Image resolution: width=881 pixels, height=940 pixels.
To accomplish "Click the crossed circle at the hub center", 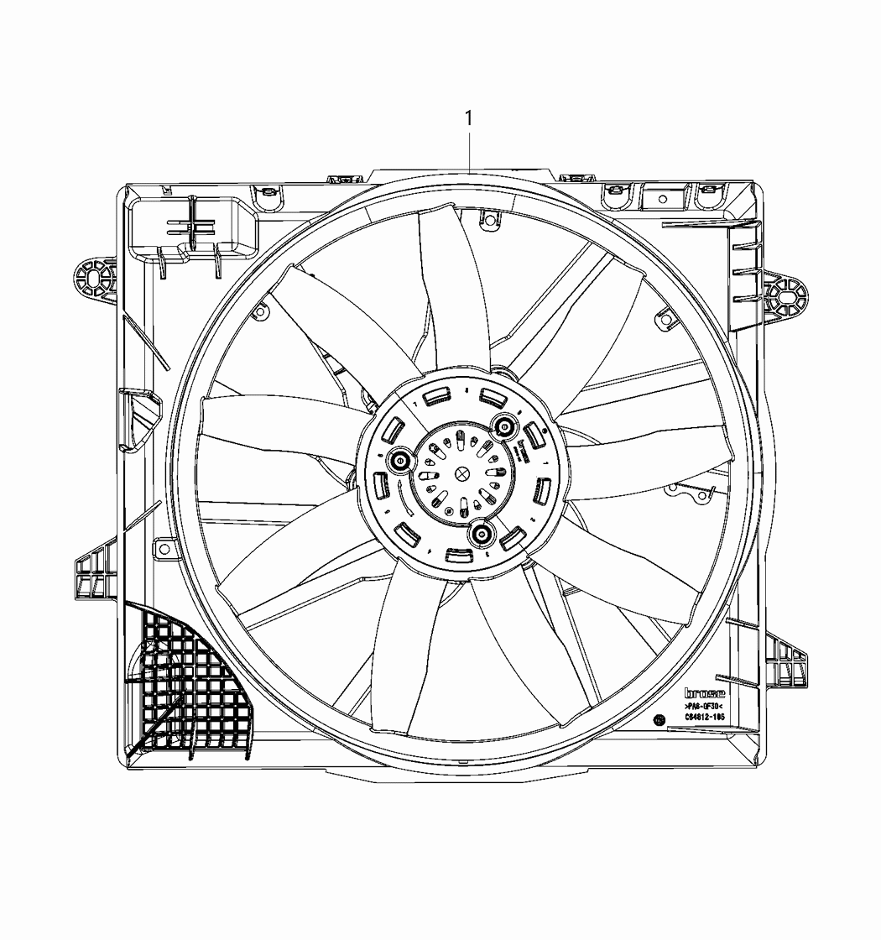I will (x=461, y=473).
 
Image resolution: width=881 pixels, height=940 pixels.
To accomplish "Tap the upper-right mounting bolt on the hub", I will (x=505, y=427).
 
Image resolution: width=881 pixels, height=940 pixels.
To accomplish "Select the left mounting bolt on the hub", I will (x=399, y=460).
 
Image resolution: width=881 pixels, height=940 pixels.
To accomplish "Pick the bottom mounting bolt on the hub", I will (x=481, y=531).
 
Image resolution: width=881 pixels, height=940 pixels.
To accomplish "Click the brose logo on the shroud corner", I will (x=704, y=693).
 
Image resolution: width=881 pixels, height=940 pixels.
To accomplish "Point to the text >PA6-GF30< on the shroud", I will (x=704, y=707).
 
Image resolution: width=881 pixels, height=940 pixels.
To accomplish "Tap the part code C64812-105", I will (x=704, y=718).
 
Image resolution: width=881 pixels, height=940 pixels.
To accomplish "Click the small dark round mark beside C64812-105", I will (x=659, y=720).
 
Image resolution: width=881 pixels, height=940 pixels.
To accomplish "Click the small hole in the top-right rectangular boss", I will (x=662, y=199).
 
